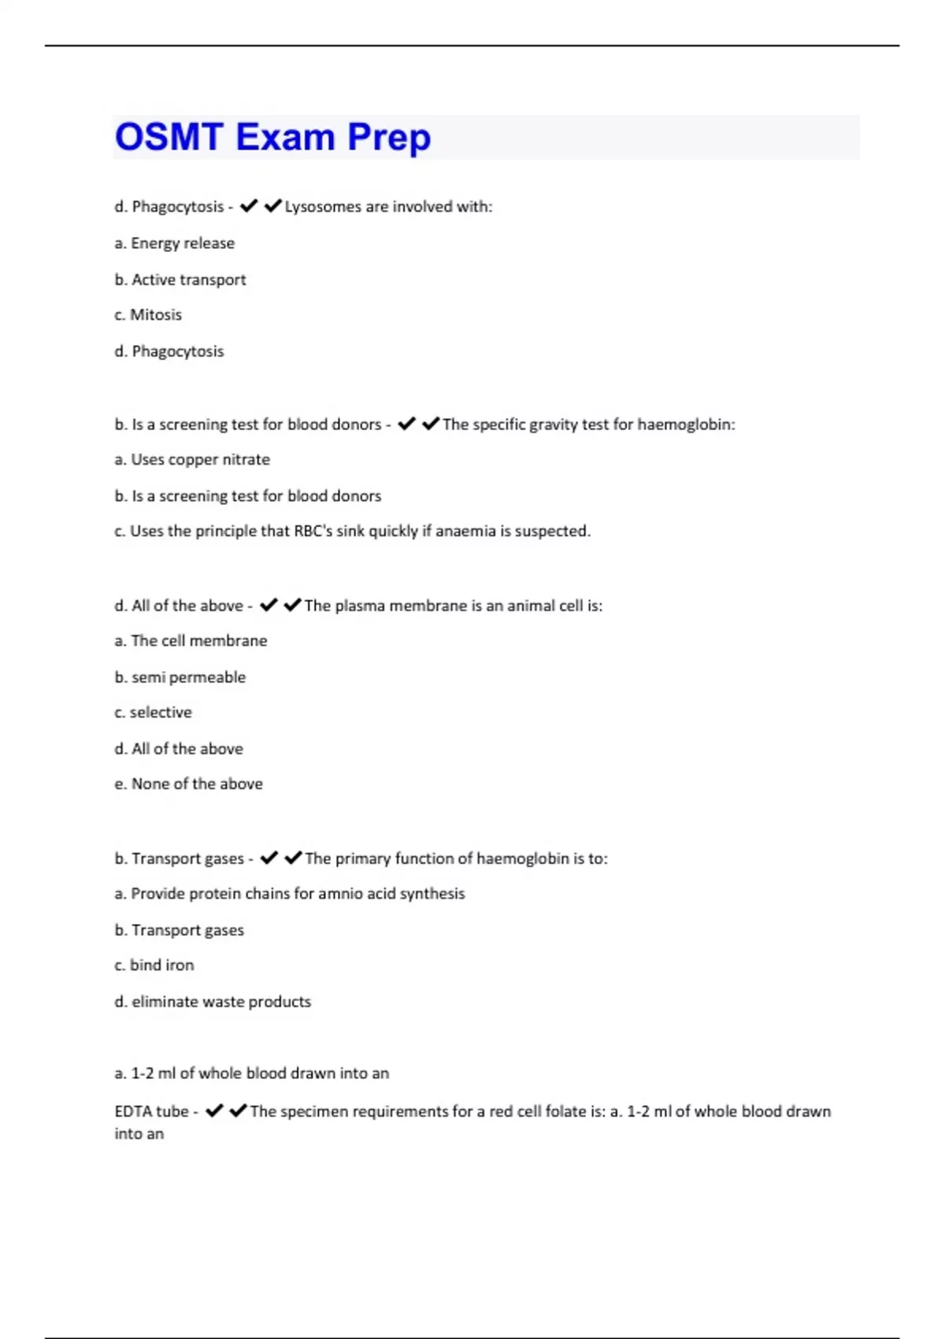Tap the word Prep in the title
pos(389,137)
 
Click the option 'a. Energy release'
pos(174,243)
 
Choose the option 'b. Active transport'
pos(180,280)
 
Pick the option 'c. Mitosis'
pos(148,315)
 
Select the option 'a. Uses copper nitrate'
pos(192,459)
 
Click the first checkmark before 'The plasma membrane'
pos(269,605)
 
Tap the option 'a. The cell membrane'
pos(191,641)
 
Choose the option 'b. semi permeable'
pos(180,677)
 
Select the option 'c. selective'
pos(153,712)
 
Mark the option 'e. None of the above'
pos(188,784)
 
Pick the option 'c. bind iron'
pos(154,965)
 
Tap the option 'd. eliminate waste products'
pos(213,1002)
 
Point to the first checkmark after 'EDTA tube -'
pos(214,1111)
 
